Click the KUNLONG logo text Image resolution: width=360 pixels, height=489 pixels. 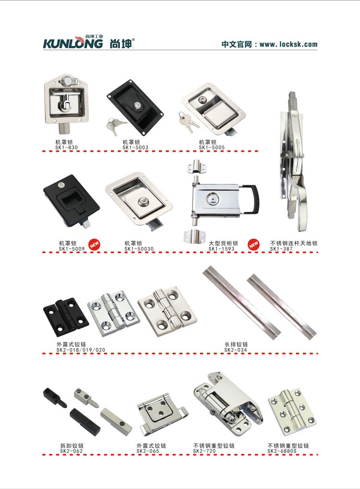[x=73, y=43]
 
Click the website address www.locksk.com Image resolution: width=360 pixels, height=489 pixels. [x=288, y=44]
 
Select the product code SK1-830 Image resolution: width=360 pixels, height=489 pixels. [x=66, y=147]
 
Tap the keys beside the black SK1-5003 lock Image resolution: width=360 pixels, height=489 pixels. [x=115, y=125]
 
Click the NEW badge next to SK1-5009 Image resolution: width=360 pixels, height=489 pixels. [x=94, y=245]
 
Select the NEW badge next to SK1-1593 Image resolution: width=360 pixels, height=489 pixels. [x=254, y=245]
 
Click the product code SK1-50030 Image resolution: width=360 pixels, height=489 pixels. [x=139, y=249]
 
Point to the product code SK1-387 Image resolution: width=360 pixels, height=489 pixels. [x=281, y=249]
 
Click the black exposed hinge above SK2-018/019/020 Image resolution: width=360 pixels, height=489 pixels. [x=66, y=317]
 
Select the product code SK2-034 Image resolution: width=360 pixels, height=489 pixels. [x=236, y=350]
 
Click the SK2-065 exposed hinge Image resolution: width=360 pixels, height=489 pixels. [x=162, y=414]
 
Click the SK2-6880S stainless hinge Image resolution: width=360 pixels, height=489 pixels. [x=292, y=412]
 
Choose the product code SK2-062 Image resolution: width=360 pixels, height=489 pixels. [x=72, y=451]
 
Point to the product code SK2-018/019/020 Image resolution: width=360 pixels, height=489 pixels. [x=81, y=350]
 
